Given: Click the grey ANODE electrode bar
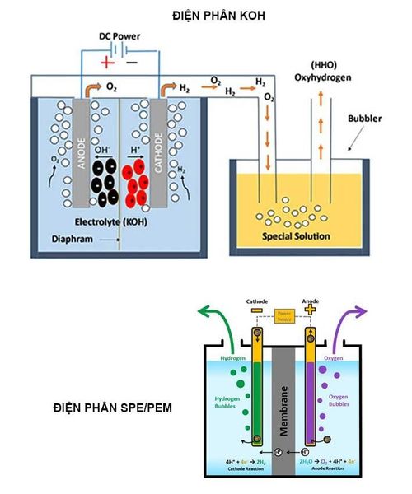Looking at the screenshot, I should tap(83, 148).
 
